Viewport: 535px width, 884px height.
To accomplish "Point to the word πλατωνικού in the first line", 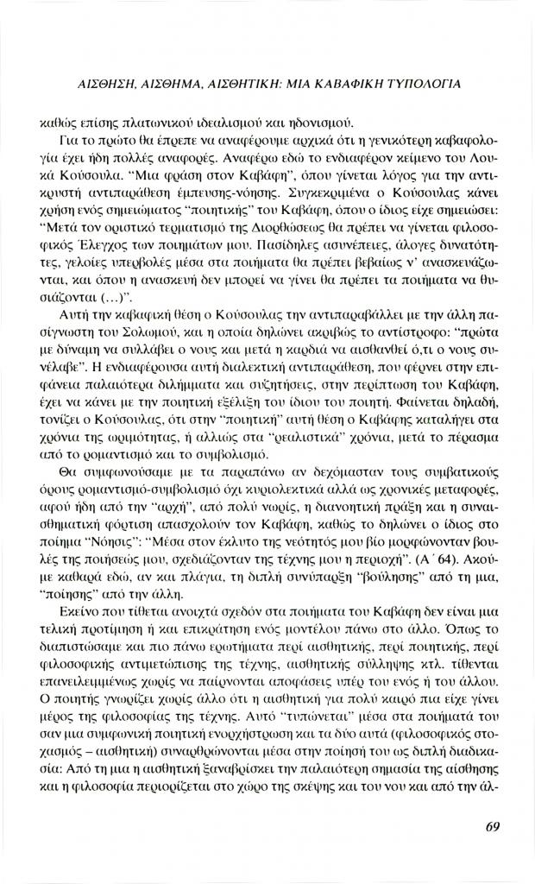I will click(x=130, y=120).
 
